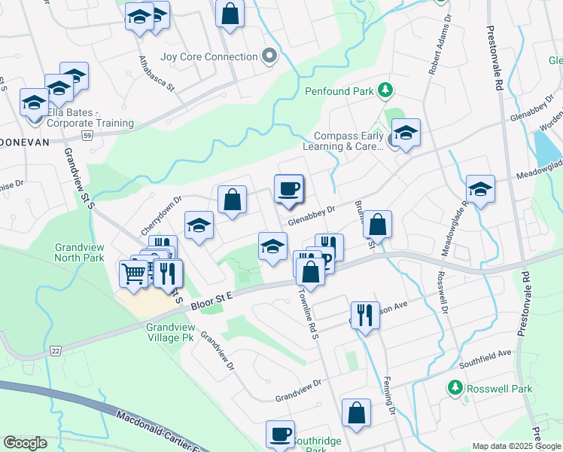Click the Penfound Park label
pos(339,91)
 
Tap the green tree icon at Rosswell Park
pos(455,388)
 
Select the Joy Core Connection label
pos(209,56)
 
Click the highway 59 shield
pos(87,136)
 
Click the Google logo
pos(25,443)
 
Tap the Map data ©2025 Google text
pos(516,446)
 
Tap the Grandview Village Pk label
pos(170,333)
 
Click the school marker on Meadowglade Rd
pos(479,190)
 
